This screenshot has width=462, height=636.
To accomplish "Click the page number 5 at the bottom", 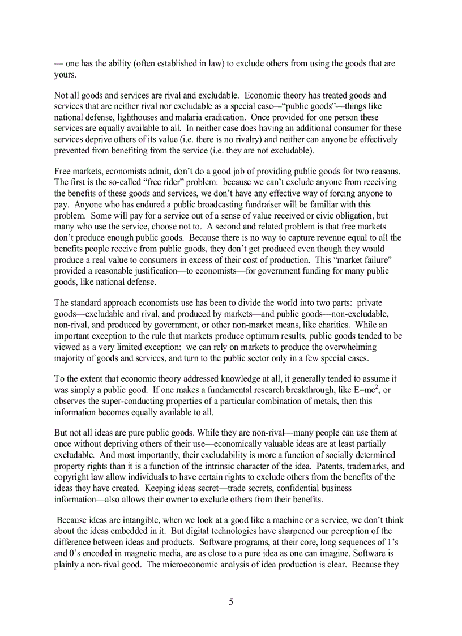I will point(231,602).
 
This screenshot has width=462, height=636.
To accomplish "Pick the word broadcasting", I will point(204,204).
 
